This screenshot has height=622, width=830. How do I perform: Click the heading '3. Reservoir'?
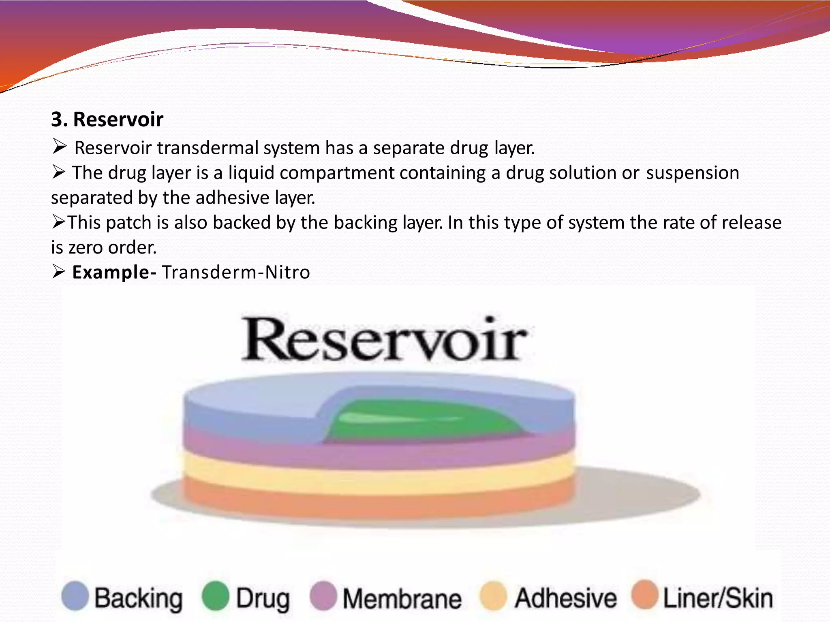tap(107, 119)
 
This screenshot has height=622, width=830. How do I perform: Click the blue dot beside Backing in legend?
tap(75, 596)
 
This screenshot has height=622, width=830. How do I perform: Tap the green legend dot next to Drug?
tap(216, 596)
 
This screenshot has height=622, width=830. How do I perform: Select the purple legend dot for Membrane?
tap(323, 596)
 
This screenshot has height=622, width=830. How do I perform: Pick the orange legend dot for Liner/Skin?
tap(645, 594)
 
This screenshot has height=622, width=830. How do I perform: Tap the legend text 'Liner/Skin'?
tap(718, 598)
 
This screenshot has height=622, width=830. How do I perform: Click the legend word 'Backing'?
tap(138, 599)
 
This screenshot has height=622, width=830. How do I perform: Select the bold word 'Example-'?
tap(114, 272)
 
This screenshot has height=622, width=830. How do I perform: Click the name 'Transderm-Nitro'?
tap(236, 272)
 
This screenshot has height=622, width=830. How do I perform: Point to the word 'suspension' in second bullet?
tap(693, 173)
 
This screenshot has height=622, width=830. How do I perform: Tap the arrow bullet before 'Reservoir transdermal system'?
tap(59, 147)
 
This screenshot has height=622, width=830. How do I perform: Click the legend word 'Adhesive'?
tap(565, 598)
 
